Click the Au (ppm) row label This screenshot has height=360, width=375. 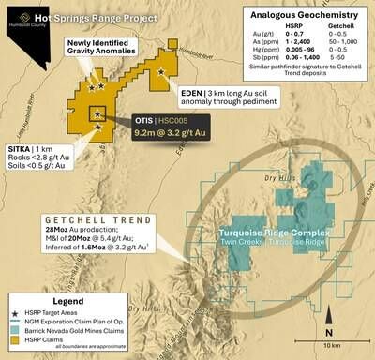255,37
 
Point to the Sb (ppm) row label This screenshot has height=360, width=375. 255,63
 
